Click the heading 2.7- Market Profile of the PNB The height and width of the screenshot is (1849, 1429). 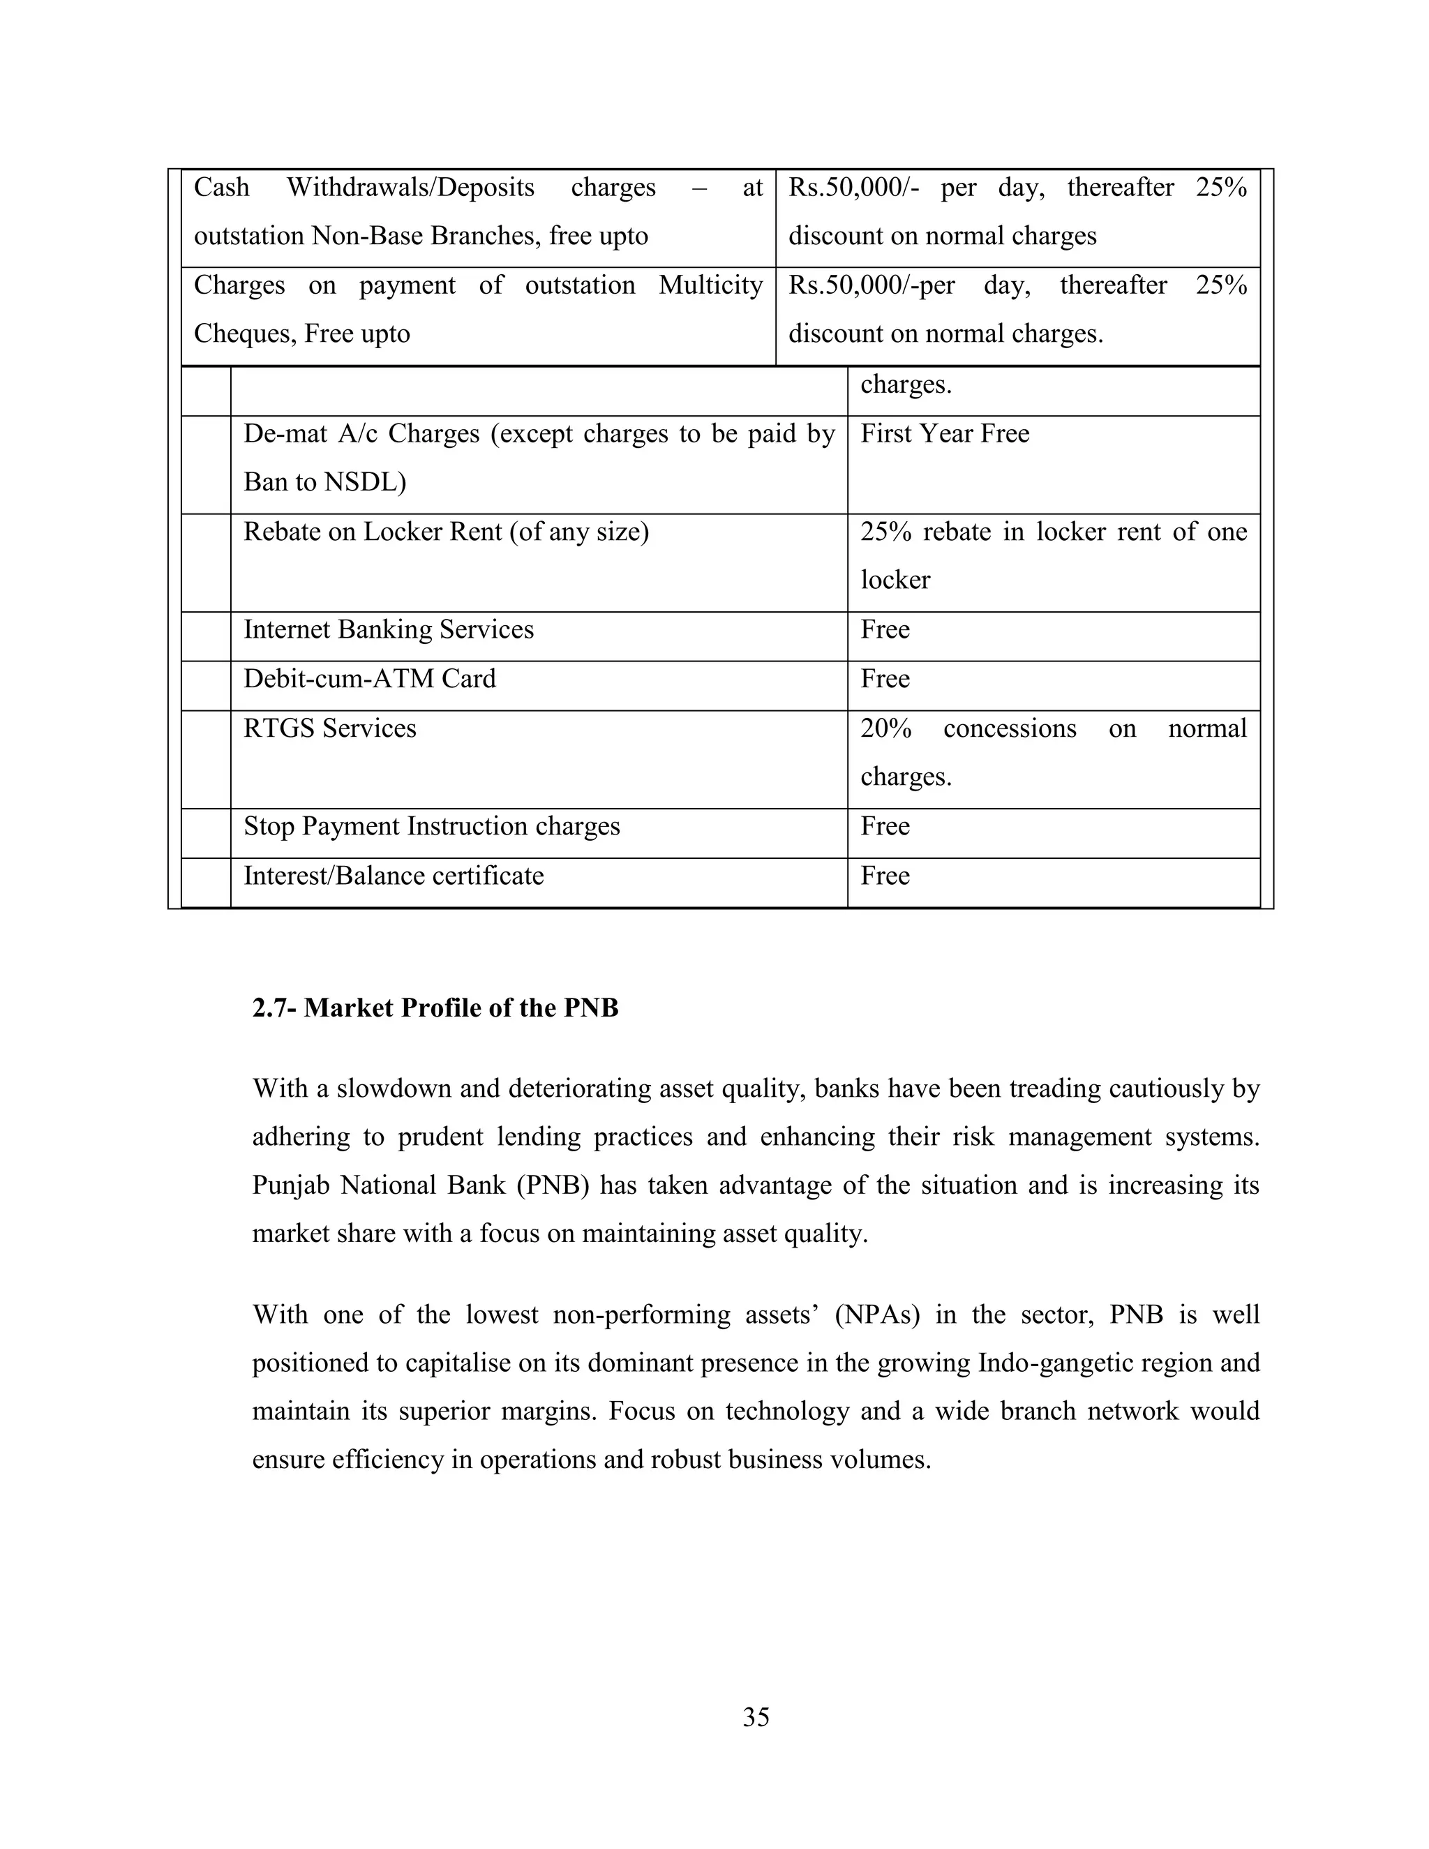tap(435, 1008)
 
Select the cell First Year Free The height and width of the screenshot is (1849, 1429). tap(945, 433)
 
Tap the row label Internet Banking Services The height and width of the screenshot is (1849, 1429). tap(389, 629)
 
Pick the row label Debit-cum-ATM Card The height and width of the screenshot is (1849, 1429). tap(369, 678)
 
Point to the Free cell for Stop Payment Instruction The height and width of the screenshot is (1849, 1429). tap(885, 825)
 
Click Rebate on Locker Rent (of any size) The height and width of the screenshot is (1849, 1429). tap(446, 532)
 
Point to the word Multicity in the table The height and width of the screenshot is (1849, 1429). tap(710, 285)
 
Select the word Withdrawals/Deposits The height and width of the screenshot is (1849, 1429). tap(410, 186)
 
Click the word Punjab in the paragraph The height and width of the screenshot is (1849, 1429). tap(290, 1185)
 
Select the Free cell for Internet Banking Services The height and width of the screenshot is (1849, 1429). tap(885, 629)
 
